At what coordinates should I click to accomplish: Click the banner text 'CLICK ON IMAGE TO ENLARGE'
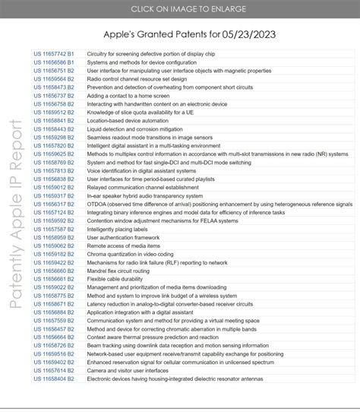[180, 9]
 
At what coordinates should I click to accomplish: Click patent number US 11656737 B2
[54, 97]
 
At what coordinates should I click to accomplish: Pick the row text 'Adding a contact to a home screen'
[130, 97]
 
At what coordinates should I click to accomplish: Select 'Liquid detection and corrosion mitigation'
[141, 128]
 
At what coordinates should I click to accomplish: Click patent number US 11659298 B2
[54, 137]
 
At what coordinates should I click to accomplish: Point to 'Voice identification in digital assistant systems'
[148, 171]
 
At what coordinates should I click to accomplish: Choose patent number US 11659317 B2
[54, 195]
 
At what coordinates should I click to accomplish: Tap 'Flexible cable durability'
[116, 279]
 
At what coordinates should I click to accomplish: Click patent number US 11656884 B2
[54, 312]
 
